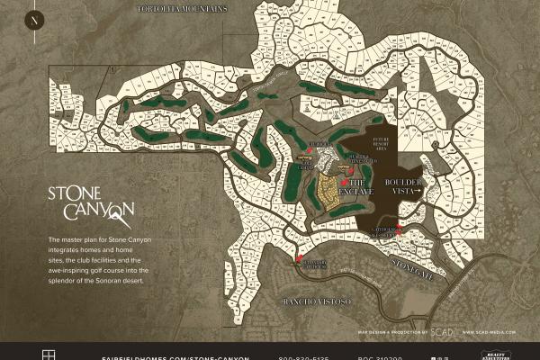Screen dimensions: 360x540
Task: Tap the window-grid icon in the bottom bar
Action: pyautogui.click(x=49, y=354)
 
